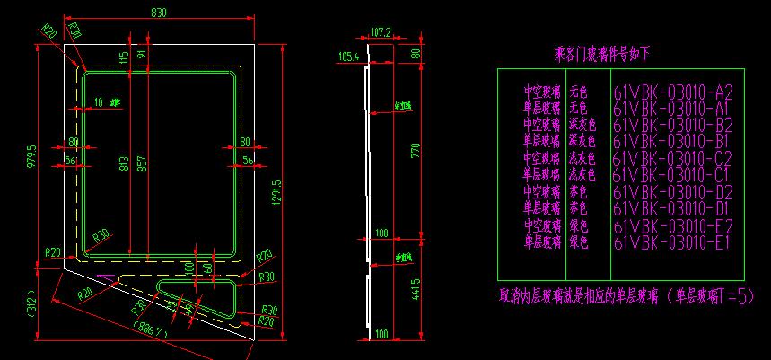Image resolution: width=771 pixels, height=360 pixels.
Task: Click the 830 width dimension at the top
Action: click(x=158, y=13)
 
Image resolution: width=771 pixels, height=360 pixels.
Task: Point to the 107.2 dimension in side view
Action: click(x=381, y=31)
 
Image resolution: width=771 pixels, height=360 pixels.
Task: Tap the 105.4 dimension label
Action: click(x=347, y=57)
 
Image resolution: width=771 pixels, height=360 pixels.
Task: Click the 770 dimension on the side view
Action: click(x=416, y=150)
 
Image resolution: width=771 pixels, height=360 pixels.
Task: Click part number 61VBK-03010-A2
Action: click(x=673, y=92)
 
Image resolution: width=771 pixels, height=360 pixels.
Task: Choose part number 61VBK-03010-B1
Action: click(x=673, y=142)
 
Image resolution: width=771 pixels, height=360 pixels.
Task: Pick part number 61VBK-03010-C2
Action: click(x=673, y=159)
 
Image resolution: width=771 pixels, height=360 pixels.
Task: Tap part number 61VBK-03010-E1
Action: click(x=673, y=241)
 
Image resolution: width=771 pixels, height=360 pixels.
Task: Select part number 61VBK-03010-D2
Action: click(x=673, y=192)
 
